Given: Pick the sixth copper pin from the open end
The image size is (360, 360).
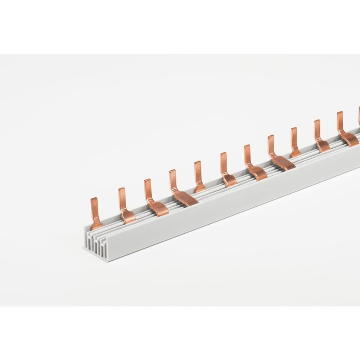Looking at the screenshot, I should point(226,169).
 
